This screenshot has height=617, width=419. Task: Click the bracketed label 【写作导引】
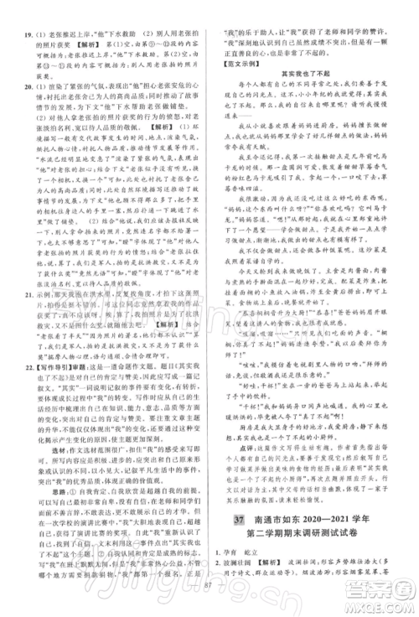(44, 344)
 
